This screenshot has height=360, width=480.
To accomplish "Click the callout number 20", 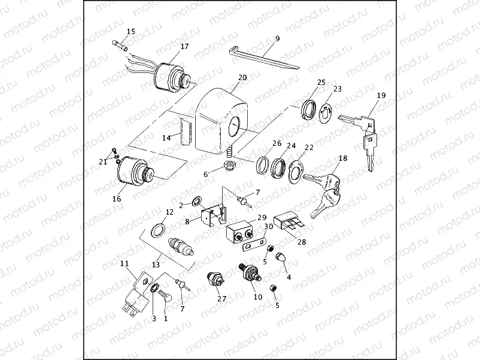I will (x=242, y=78).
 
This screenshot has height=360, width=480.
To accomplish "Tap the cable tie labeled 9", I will (x=263, y=57).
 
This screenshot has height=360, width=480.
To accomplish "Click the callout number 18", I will (x=342, y=158).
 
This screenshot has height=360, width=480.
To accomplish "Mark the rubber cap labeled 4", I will (x=280, y=258).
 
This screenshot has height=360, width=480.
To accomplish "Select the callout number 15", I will (x=131, y=31).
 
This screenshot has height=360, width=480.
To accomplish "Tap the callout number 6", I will (x=206, y=174).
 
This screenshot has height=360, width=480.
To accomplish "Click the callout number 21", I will (x=104, y=161).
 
